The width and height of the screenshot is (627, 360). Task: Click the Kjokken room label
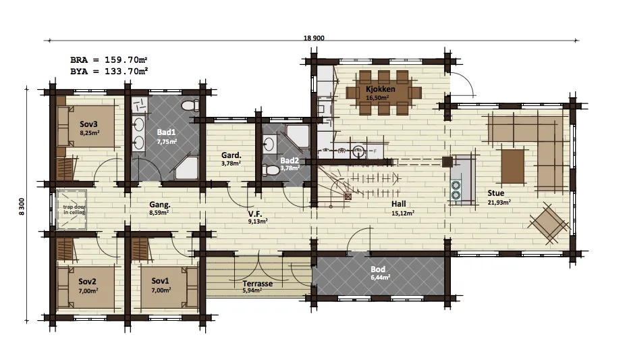point(380,88)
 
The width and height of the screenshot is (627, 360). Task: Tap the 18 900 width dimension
point(314,38)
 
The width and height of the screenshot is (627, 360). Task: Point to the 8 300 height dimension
point(22,207)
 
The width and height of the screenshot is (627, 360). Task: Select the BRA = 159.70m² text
point(109,60)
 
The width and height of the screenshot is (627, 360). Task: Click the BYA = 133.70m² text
point(109,71)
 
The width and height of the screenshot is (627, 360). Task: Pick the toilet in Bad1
point(190,105)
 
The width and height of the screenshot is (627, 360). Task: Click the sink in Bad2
point(269,144)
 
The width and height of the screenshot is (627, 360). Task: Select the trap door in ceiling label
point(74,209)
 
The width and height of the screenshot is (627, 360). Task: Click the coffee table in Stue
point(513,165)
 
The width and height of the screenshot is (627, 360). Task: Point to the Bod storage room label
point(378,269)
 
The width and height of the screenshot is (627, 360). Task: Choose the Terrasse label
point(258,284)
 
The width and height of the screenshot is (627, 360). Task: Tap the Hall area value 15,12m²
point(403,213)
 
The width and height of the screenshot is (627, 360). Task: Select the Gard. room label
point(231,155)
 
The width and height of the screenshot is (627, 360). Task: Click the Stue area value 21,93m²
point(499,203)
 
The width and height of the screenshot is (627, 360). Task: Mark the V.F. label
point(254,213)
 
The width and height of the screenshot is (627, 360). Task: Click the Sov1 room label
point(161,281)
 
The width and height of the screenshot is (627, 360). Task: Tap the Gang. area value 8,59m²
point(159,213)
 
